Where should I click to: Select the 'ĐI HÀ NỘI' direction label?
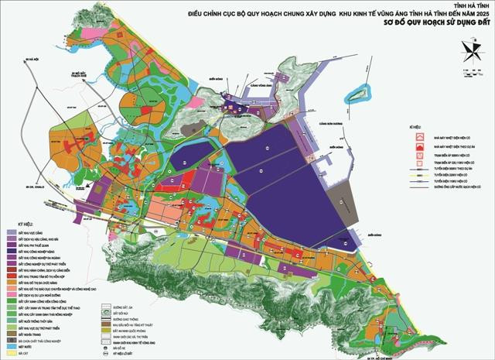click(31, 59)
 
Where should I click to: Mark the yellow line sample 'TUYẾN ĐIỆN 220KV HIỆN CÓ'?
click(420, 181)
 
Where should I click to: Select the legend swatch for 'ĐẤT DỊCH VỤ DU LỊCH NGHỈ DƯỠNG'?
click(13, 295)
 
